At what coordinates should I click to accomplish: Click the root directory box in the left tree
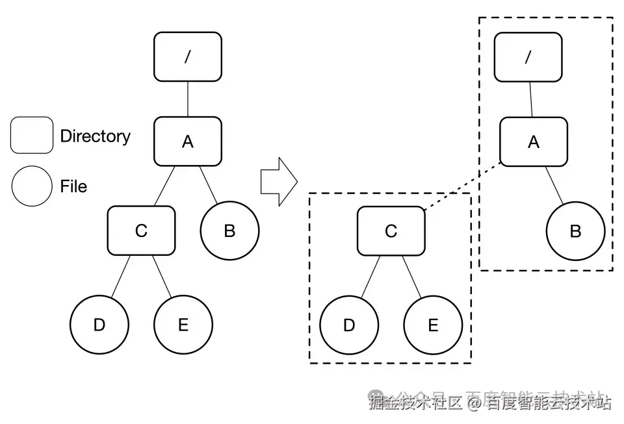[x=187, y=56]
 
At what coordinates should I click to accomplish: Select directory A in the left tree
[x=187, y=142]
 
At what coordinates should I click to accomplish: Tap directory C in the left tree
[x=141, y=230]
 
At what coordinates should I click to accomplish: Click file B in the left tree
[x=229, y=231]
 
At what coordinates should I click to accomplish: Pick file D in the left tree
[x=99, y=324]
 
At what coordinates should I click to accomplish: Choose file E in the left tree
[x=183, y=324]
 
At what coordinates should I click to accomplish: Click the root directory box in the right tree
[x=528, y=57]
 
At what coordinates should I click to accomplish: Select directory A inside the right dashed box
[x=533, y=142]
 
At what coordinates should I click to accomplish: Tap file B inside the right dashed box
[x=575, y=231]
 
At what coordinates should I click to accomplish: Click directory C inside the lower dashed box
[x=391, y=231]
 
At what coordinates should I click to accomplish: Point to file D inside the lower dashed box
[x=349, y=325]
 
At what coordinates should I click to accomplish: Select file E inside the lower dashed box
[x=433, y=325]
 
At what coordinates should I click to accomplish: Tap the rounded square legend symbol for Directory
[x=32, y=135]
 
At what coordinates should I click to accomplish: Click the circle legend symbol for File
[x=32, y=186]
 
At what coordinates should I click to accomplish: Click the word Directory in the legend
[x=95, y=136]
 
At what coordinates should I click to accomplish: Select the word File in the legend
[x=73, y=187]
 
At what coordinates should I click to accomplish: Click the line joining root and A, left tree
[x=187, y=99]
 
